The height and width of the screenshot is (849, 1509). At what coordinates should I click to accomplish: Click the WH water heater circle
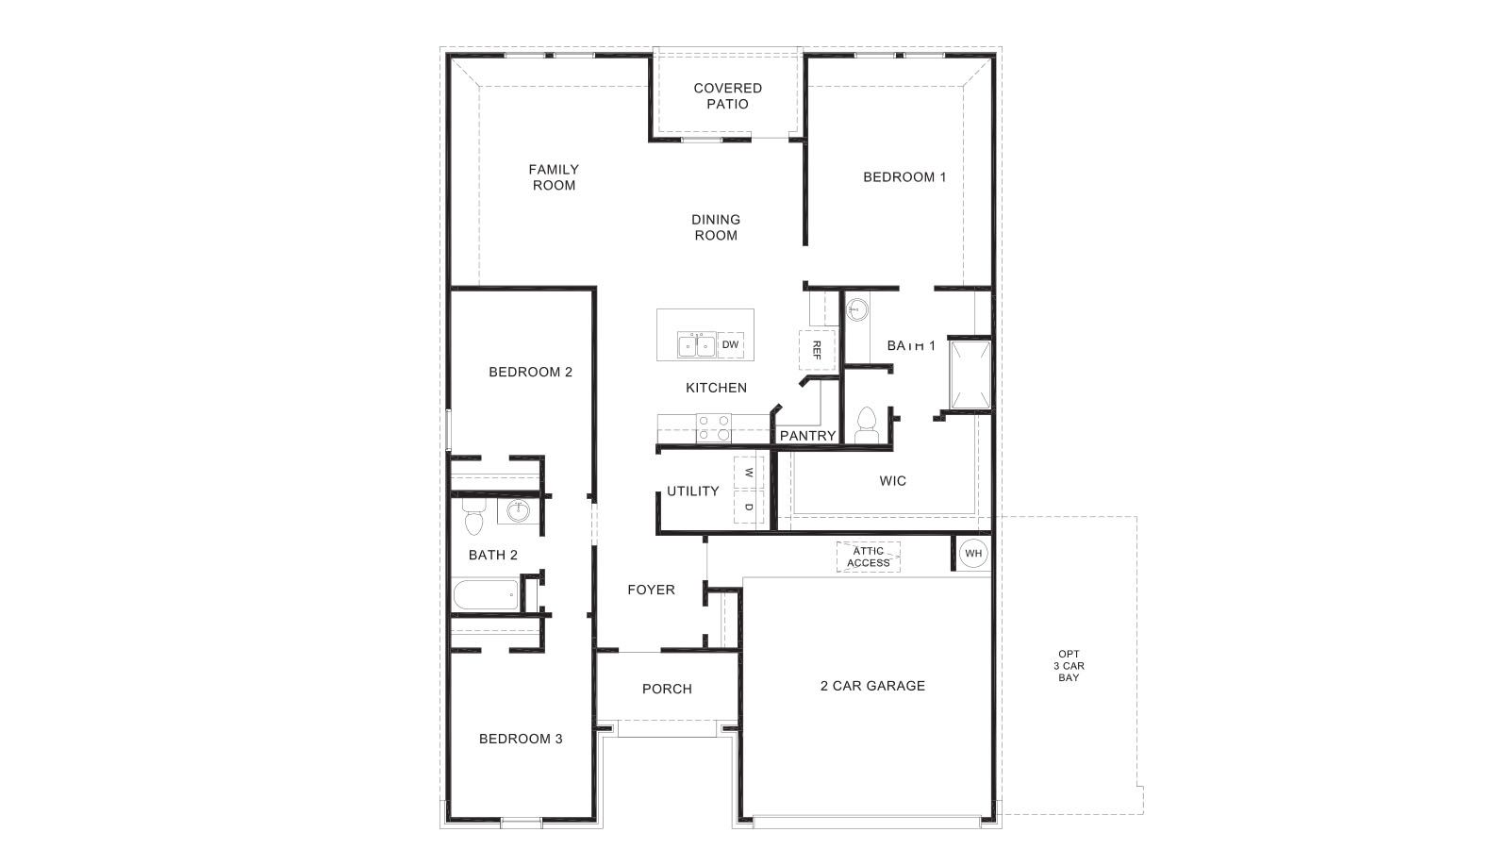tap(973, 553)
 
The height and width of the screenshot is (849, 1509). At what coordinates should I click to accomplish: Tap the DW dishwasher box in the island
tap(730, 345)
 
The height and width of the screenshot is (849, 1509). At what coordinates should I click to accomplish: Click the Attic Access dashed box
tap(868, 558)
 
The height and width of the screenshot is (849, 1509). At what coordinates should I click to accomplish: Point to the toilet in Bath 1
tap(866, 425)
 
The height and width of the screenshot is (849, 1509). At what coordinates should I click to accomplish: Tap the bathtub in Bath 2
tap(486, 595)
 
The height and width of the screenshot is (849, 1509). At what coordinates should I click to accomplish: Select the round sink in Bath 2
tap(518, 512)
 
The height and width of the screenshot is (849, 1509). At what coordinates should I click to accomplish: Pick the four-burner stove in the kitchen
tap(714, 428)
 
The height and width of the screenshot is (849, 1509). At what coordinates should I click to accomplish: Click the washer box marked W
tap(749, 473)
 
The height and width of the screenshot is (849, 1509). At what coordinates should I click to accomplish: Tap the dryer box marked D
tap(749, 508)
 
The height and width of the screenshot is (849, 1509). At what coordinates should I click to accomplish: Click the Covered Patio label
tap(727, 96)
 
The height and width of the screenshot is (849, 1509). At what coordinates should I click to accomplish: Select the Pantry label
tap(807, 436)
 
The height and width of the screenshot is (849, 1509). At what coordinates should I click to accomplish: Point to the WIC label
tap(892, 481)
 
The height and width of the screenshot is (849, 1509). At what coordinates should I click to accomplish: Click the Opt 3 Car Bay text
tap(1069, 666)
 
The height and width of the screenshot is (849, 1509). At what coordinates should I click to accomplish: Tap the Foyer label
tap(651, 590)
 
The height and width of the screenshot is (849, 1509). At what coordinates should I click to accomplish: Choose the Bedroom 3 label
tap(521, 739)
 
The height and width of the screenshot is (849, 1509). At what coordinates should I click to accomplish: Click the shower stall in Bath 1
tap(970, 375)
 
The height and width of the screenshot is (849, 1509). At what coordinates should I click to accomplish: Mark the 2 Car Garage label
tap(872, 686)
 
